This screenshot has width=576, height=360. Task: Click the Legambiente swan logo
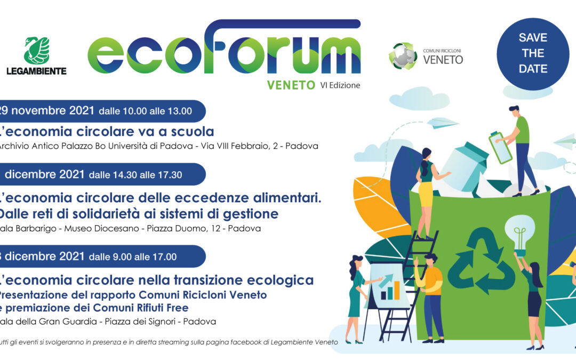pos(36,50)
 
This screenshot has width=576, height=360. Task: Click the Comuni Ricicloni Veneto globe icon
pos(403,56)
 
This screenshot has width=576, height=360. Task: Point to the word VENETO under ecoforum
pos(291,85)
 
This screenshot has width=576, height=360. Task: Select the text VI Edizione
pos(340,85)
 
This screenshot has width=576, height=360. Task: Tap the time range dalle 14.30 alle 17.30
pos(135,174)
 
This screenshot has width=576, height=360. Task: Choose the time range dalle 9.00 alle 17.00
pos(132,257)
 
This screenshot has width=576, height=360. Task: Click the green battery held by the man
pos(500,148)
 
